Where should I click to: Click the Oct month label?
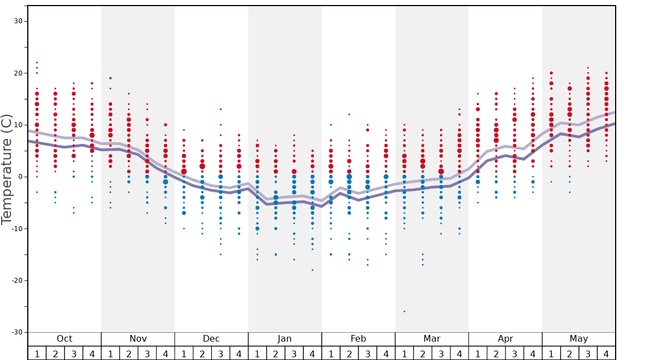(x=64, y=339)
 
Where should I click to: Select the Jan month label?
(x=284, y=339)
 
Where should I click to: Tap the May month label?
(x=578, y=339)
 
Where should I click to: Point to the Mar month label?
(x=432, y=339)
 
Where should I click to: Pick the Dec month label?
(x=211, y=339)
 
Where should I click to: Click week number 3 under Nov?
(x=147, y=353)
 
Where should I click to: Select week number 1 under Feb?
(x=331, y=353)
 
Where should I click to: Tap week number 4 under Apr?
(x=533, y=353)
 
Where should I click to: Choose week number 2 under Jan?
(x=276, y=353)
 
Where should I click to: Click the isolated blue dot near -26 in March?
(x=404, y=312)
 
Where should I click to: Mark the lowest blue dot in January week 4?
(x=312, y=270)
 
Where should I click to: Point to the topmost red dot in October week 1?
(x=37, y=63)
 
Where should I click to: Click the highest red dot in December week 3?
(x=221, y=109)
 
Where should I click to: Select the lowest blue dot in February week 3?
(x=367, y=264)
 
